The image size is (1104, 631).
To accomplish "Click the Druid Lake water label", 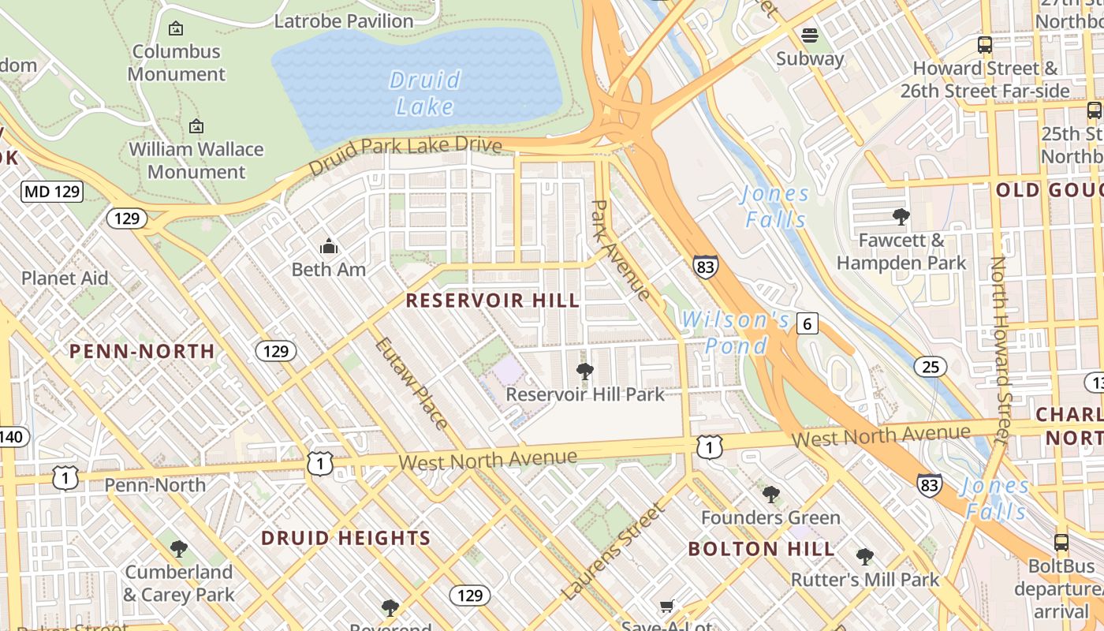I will pos(424,93).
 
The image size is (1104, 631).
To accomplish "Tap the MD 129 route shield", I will pos(53,191).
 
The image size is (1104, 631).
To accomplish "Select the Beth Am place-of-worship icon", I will pos(329,247).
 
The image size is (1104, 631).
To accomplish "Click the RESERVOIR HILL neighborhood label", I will pos(493,301).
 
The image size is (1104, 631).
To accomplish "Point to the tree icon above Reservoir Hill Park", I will pos(585,372).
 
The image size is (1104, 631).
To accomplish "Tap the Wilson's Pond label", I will pos(736,333).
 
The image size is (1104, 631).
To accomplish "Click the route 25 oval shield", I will pos(931,366).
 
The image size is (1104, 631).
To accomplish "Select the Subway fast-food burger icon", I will pos(810,35).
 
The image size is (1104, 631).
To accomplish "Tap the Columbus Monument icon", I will pos(176,28).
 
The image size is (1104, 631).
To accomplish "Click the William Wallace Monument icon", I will pos(196,126).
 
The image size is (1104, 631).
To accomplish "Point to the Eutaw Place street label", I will pos(410,383).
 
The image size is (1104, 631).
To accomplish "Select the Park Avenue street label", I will pos(621,250).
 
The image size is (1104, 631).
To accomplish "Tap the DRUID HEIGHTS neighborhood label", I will pos(345,539).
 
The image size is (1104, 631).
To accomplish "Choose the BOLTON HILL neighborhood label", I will pos(761,549).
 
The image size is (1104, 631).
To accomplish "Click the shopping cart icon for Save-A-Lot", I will pos(667,606).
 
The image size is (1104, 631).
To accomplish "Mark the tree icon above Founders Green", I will pos(771,495).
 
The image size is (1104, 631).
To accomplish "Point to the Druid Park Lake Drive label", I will pos(405,156).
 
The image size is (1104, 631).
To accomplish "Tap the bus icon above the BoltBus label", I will pos(1061,543).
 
